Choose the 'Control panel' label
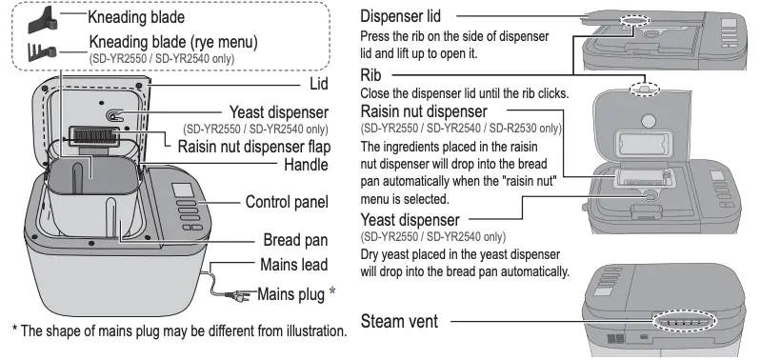click(286, 202)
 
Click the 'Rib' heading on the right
click(370, 73)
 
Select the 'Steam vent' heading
click(399, 323)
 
